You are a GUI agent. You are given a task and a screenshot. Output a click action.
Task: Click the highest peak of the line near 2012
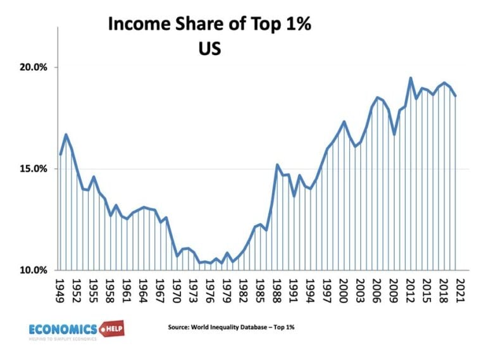point(410,78)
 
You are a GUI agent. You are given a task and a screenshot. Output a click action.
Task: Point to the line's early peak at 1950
point(66,134)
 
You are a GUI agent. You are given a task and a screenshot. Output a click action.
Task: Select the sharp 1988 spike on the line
point(277,164)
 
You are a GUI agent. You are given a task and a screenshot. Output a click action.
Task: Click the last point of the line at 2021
point(455,96)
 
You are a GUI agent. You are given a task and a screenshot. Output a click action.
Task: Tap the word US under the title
point(209,48)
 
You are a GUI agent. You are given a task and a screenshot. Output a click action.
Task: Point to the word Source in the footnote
point(178,328)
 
